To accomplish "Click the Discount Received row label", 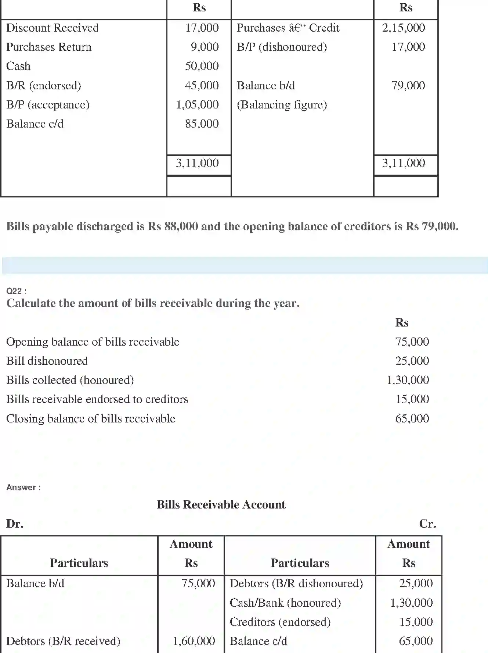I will tap(53, 28).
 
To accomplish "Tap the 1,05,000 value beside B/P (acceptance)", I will tap(198, 105).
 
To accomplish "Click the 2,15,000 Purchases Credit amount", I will tap(404, 28).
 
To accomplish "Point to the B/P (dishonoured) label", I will tap(282, 47).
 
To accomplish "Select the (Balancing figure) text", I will tap(282, 105).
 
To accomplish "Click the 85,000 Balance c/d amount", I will tap(202, 124).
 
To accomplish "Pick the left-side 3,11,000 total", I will tap(197, 163).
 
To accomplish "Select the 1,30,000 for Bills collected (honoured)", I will tap(408, 380).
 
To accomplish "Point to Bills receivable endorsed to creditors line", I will tap(97, 399).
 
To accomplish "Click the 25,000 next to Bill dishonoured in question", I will tap(412, 361).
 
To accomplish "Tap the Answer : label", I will tap(24, 488).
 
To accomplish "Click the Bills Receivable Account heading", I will tap(221, 505).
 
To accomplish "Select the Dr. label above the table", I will tap(15, 524).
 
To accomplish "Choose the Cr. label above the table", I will tap(427, 524).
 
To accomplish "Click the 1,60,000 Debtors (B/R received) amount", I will tap(194, 641).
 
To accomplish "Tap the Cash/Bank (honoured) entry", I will tap(285, 603).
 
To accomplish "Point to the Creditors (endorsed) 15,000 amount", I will tap(416, 622).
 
